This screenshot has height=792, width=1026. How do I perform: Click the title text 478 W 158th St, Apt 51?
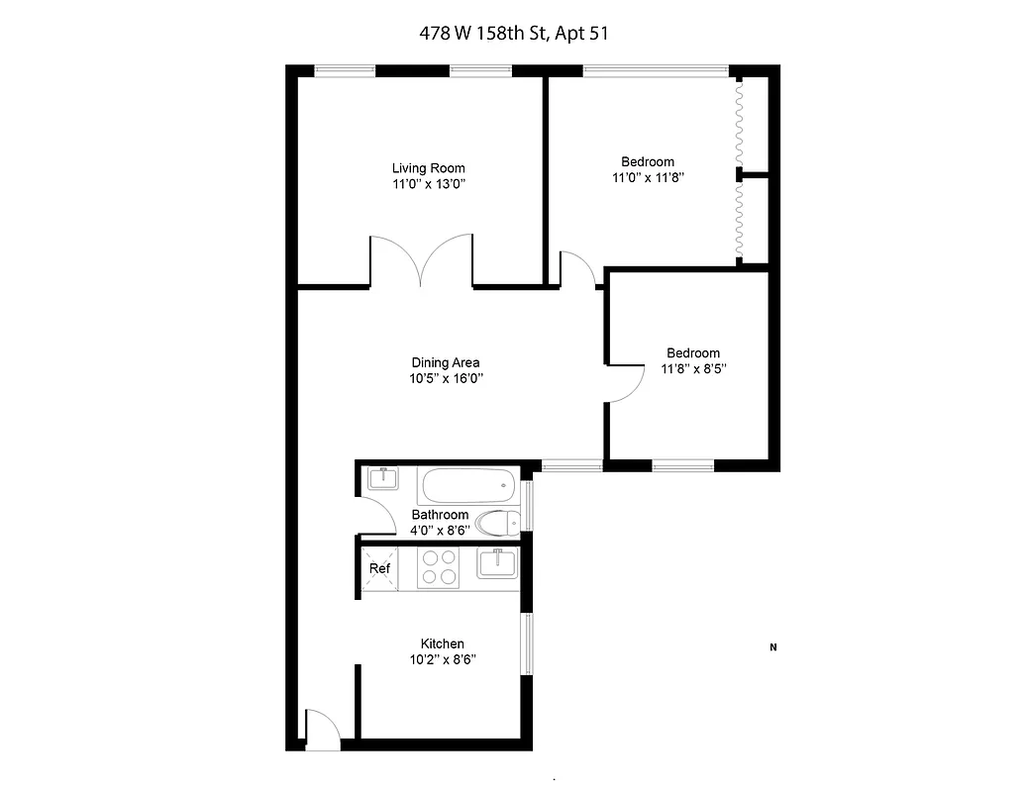pos(512,33)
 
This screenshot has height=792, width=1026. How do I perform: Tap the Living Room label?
pos(428,168)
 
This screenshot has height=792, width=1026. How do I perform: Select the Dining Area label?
pos(446,362)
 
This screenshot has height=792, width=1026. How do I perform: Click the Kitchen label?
pos(442,643)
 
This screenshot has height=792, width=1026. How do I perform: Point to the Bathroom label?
pos(440,515)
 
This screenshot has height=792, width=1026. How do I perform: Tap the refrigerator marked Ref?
pos(379,569)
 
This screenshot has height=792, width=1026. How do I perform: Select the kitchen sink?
pos(498,563)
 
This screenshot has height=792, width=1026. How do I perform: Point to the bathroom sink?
pos(382,479)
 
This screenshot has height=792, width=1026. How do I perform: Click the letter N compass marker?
pos(772,648)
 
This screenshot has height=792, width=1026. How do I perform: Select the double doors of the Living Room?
pos(422,262)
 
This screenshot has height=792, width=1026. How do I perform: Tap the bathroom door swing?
pos(373,514)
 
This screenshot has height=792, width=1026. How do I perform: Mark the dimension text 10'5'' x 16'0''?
pos(446,378)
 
